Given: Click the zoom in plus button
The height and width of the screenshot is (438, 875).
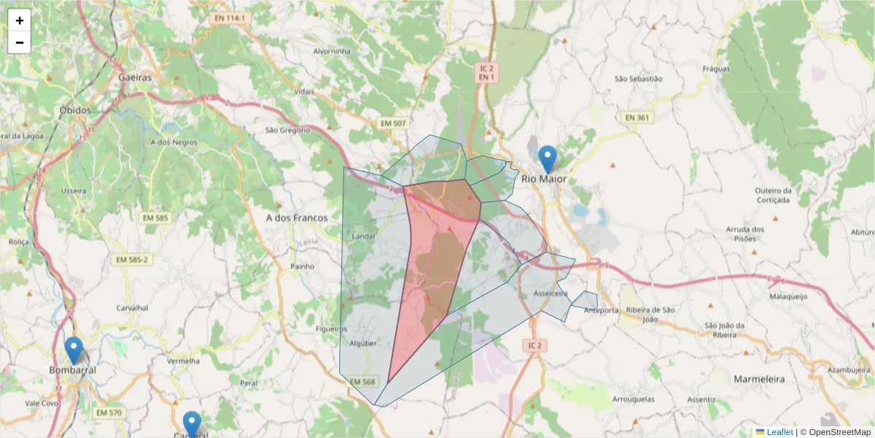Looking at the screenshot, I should [x=20, y=20].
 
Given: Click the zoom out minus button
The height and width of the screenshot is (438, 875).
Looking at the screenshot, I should [x=20, y=42].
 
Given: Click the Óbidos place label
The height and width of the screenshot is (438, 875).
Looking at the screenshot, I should [x=76, y=110].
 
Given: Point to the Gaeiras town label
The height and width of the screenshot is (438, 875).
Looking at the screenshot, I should [x=136, y=77].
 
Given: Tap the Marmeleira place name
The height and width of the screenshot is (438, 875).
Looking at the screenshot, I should [x=759, y=380].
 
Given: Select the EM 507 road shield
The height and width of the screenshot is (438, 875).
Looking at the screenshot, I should [x=393, y=123].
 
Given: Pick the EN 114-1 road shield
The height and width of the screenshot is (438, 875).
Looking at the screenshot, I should [x=228, y=17].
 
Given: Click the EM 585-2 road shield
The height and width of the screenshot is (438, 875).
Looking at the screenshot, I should [x=132, y=260].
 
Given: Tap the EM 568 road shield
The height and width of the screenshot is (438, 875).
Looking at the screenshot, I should [x=362, y=382].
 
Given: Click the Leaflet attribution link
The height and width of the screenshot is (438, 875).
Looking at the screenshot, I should [x=779, y=432].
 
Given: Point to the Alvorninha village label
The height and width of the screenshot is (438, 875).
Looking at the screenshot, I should [x=332, y=51].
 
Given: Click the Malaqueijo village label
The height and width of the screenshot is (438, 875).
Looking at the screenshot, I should [x=788, y=297].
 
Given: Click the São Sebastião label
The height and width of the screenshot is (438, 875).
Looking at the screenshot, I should [x=638, y=78].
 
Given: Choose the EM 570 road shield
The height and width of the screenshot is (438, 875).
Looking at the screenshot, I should [x=109, y=413].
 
